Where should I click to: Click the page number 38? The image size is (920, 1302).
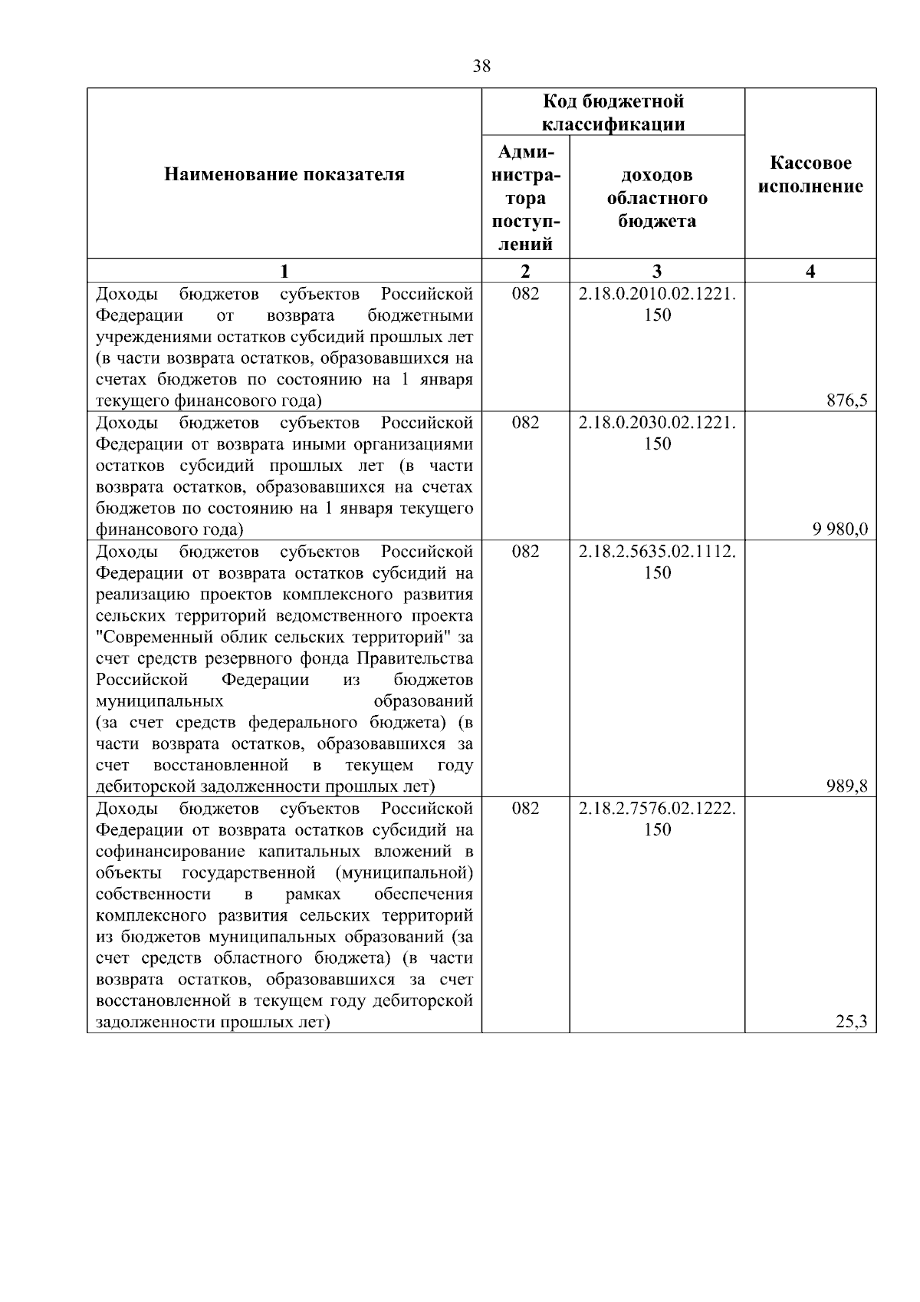pos(481,67)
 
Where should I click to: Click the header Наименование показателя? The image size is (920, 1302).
pos(284,175)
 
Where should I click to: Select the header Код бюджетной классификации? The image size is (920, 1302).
pos(613,113)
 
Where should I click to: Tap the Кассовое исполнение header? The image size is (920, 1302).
pos(810,175)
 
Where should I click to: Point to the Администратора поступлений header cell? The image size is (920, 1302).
pos(525,198)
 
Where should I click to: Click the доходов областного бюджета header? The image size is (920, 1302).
pos(657,198)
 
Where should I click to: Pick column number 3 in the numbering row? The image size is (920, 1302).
pos(657,271)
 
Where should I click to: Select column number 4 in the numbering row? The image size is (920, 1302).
pos(810,271)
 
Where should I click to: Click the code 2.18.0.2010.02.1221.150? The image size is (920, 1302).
pos(657,304)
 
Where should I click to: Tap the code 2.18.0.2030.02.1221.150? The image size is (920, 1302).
pos(657,433)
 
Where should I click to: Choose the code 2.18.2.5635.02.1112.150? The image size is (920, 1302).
pos(657,562)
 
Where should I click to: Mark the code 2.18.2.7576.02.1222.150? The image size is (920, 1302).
pos(657,819)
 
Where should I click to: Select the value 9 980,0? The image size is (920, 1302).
pos(840,529)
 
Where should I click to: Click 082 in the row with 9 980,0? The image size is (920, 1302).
pos(525,423)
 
